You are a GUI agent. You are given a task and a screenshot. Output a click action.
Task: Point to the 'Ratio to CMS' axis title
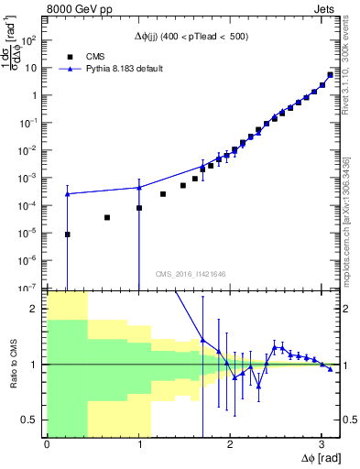(x=14, y=365)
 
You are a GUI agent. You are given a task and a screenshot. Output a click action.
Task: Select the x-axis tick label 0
(x=47, y=444)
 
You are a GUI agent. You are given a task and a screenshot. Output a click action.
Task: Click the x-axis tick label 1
(x=138, y=444)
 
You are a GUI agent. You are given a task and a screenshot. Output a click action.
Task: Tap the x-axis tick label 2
(x=230, y=444)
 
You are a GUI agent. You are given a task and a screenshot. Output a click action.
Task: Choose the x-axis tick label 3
(x=321, y=444)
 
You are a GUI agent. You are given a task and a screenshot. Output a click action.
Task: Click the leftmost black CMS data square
(x=67, y=234)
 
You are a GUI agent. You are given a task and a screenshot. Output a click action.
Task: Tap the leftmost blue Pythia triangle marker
(x=67, y=193)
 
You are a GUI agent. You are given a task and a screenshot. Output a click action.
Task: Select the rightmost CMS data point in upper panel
(x=330, y=75)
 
